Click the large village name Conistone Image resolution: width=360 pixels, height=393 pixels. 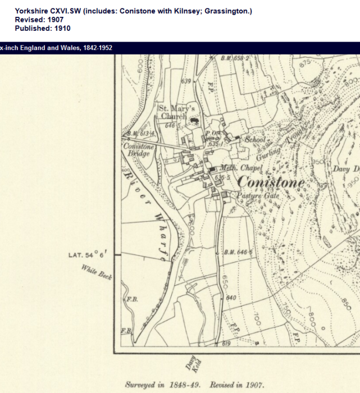(271, 182)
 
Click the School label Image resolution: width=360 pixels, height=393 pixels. (255, 139)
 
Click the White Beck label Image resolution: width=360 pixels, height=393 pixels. (97, 273)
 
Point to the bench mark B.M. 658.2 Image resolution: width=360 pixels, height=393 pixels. (235, 58)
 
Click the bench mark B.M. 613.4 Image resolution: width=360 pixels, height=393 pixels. (139, 134)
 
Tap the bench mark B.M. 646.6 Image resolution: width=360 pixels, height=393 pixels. (238, 252)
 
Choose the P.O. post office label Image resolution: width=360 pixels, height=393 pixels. (211, 134)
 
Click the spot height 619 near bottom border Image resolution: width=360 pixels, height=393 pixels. (226, 343)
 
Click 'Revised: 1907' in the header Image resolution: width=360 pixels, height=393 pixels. (39, 20)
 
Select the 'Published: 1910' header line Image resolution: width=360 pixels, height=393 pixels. (43, 28)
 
